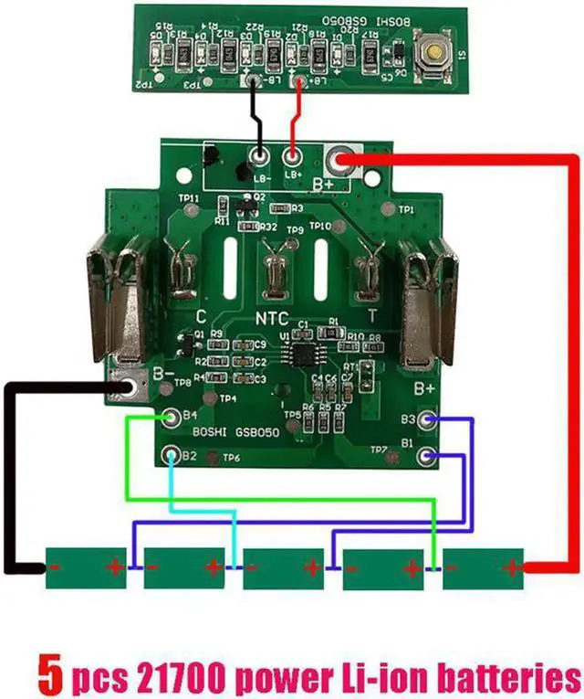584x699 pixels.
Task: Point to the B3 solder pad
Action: click(x=433, y=420)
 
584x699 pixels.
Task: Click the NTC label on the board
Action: click(x=272, y=320)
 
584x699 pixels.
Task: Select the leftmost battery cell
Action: click(x=85, y=568)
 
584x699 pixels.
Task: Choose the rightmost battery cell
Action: click(x=484, y=568)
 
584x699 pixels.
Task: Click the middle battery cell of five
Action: click(x=284, y=568)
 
